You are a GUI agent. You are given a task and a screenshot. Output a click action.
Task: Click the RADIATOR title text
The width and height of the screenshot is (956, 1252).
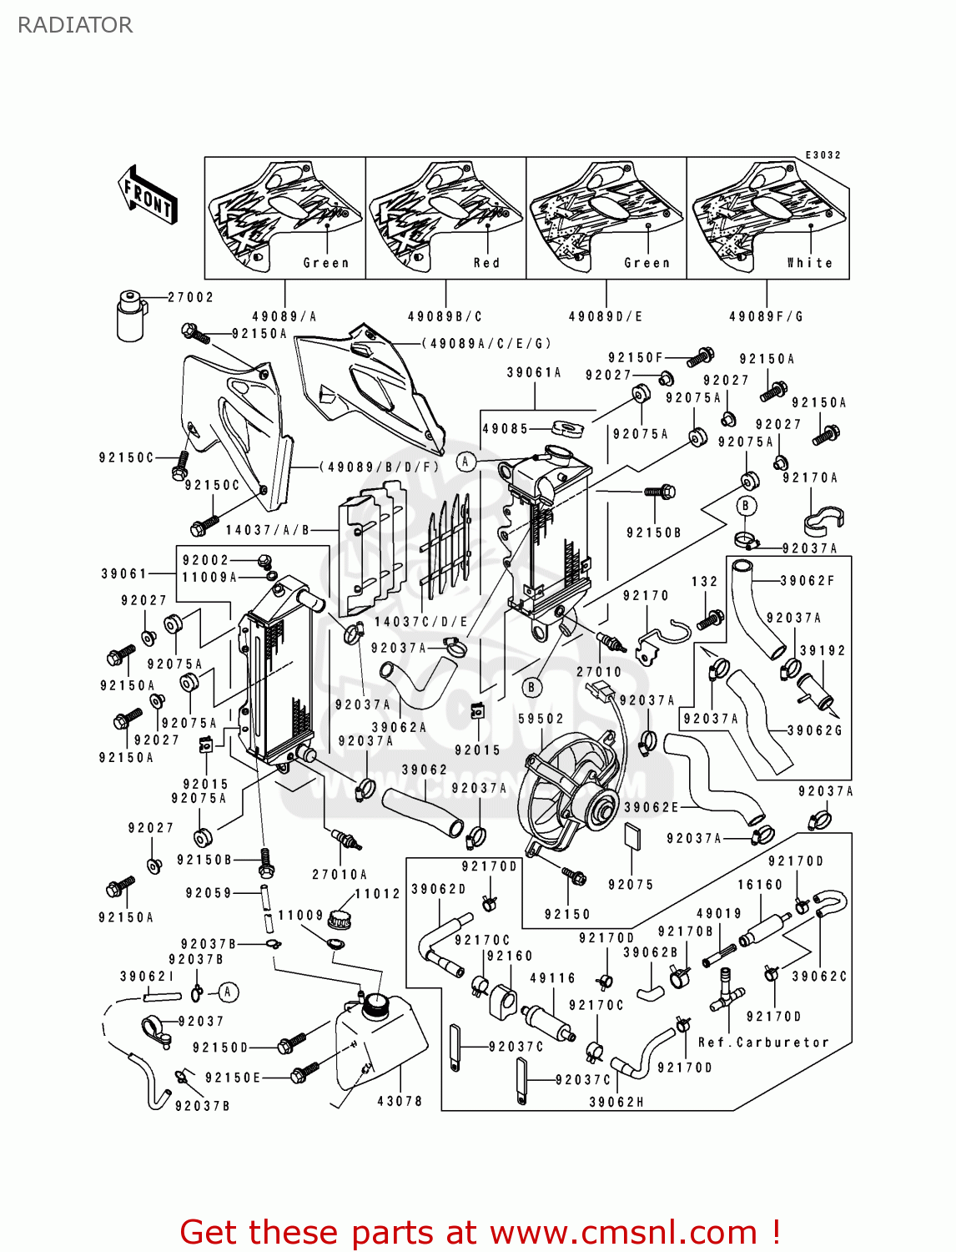[75, 25]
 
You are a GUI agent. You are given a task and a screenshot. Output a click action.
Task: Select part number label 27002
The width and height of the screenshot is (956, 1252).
[190, 297]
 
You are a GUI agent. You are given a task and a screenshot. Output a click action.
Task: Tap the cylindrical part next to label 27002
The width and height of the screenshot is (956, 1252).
[131, 316]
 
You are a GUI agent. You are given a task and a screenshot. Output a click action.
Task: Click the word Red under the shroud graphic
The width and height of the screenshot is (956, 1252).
[486, 263]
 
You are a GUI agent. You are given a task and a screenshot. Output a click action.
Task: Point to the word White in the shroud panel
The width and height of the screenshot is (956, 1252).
[809, 263]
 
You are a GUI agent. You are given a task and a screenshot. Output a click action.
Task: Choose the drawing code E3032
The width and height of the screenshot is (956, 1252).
[823, 155]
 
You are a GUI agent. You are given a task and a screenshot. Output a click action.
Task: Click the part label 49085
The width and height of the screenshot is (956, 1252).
[506, 429]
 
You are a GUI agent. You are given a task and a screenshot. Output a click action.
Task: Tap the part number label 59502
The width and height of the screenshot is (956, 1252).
[541, 719]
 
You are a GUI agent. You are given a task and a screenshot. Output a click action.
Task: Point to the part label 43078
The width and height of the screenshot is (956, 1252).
[400, 1102]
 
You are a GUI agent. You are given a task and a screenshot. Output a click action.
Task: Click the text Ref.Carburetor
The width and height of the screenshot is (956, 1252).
[763, 1042]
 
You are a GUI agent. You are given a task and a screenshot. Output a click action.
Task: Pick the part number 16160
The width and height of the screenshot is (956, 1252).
[759, 885]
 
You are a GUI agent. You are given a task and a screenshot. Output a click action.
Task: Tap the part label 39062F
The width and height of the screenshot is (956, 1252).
[807, 581]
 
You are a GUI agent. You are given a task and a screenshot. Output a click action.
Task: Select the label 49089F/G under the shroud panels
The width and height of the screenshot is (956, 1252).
[766, 317]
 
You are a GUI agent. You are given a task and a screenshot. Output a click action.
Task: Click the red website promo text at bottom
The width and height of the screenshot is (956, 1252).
[480, 1232]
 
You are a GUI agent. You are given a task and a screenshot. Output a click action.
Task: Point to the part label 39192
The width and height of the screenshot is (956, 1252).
[822, 651]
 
